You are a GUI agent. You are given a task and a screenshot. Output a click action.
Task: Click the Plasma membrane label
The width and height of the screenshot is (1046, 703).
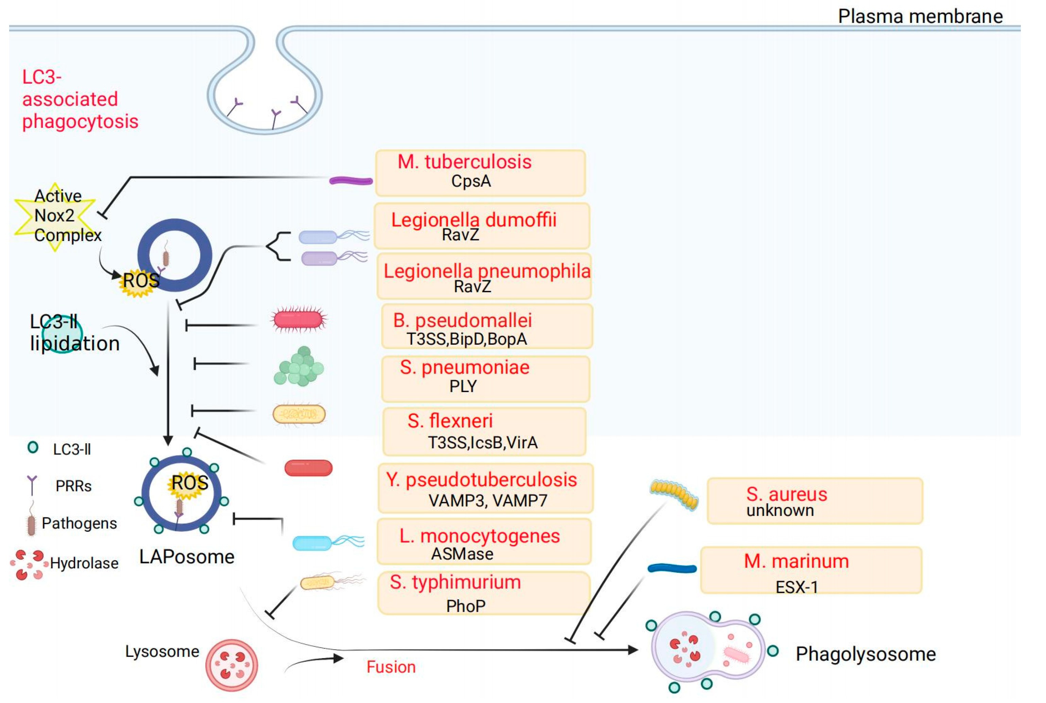(x=920, y=17)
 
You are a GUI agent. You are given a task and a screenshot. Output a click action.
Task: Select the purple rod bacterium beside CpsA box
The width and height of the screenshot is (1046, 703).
(x=350, y=181)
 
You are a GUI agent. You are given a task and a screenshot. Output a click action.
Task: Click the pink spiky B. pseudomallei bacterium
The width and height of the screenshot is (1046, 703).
(x=298, y=319)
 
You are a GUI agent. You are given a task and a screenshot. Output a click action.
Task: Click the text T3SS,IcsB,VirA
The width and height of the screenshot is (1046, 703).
(x=482, y=443)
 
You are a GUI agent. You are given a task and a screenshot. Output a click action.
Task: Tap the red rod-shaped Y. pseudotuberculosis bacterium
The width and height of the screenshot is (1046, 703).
(x=308, y=468)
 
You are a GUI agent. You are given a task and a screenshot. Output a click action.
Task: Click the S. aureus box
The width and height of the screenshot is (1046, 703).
(x=814, y=501)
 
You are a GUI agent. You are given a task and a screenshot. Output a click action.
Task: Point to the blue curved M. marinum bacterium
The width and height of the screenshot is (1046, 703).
(x=672, y=568)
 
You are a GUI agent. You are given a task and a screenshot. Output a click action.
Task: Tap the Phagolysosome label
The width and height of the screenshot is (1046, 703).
(x=865, y=654)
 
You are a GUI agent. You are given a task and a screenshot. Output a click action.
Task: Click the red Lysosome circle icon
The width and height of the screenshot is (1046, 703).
(x=232, y=665)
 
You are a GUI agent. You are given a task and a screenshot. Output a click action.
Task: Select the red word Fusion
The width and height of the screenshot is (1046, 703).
(x=391, y=667)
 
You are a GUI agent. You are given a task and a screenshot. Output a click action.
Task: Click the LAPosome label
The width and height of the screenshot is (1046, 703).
(x=187, y=556)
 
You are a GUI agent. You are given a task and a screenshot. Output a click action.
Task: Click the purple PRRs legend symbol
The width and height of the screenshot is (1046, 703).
(x=32, y=485)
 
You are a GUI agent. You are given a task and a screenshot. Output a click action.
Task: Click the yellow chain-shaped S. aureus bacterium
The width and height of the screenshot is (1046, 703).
(x=674, y=494)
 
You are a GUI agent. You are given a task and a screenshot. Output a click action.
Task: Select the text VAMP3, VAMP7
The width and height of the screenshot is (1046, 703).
(x=487, y=500)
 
